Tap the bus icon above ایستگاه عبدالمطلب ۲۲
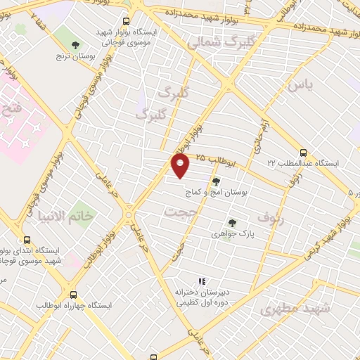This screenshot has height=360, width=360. click(x=303, y=153)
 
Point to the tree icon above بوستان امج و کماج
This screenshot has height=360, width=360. click(x=216, y=181)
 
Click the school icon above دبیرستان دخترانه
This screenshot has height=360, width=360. click(x=202, y=281)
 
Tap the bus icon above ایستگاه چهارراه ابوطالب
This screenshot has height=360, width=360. click(x=73, y=295)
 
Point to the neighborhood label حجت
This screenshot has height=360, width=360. click(x=178, y=211)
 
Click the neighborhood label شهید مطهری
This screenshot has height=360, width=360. click(x=285, y=309)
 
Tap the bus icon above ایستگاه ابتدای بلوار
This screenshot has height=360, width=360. click(x=27, y=240)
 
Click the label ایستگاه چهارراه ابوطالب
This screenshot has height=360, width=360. click(x=72, y=307)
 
